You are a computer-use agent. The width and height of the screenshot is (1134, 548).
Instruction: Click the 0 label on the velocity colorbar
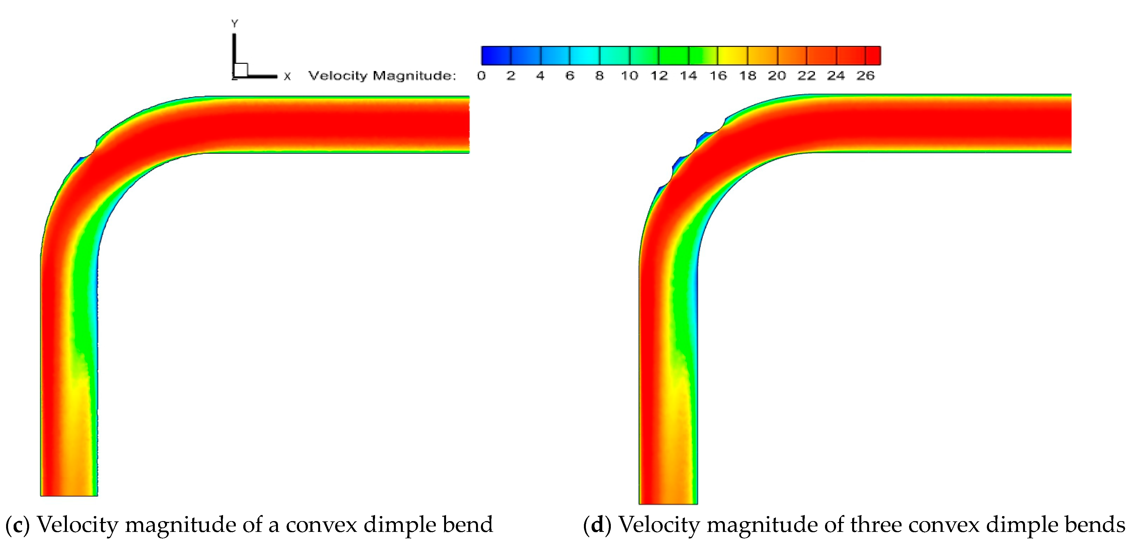point(481,76)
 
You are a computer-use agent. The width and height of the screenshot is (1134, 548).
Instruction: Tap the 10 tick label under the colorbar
point(629,76)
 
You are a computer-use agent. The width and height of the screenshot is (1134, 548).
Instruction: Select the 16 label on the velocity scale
point(718,76)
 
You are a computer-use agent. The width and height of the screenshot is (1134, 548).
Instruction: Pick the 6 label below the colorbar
point(570,76)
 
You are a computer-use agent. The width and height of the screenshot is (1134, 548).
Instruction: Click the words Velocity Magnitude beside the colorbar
point(382,76)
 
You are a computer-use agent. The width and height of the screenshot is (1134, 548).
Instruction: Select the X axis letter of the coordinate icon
point(287,77)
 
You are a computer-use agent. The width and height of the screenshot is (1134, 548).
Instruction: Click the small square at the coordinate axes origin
point(241,70)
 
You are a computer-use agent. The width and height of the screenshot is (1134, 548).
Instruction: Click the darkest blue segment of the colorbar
point(496,55)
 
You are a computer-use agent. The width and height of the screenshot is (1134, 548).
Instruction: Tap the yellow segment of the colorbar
point(733,55)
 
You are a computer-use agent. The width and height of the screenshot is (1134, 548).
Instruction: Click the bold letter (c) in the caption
point(17,525)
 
